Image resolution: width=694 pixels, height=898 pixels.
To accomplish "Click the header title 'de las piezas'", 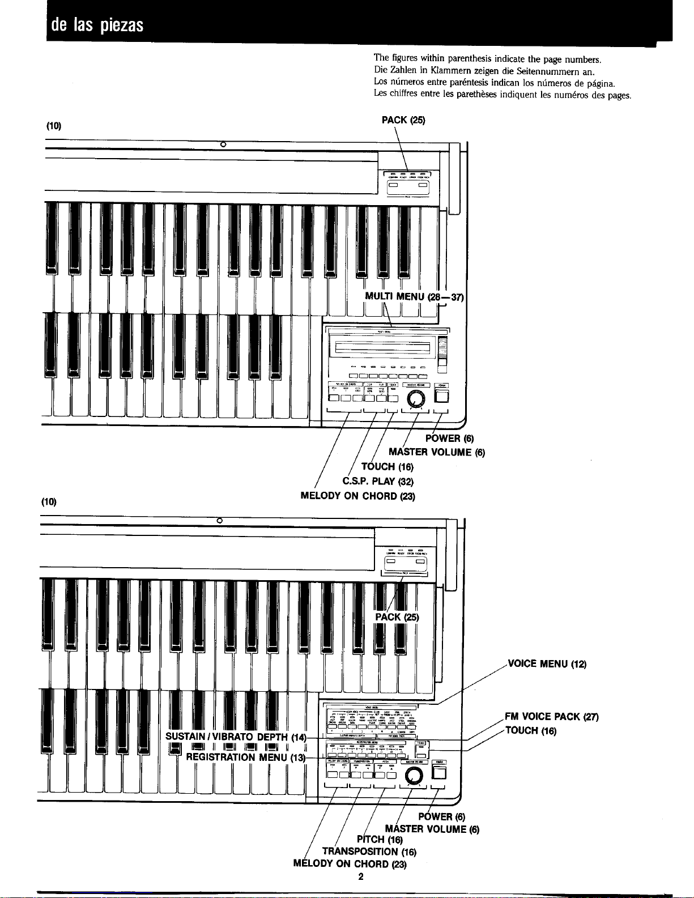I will pyautogui.click(x=97, y=25).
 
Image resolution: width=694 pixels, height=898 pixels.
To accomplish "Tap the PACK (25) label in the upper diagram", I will pyautogui.click(x=403, y=120).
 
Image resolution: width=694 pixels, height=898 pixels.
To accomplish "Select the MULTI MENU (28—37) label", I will pyautogui.click(x=414, y=296).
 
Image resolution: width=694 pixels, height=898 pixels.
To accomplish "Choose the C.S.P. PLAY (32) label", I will pyautogui.click(x=378, y=482).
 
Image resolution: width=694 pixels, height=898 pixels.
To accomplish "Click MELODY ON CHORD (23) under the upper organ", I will pyautogui.click(x=357, y=496).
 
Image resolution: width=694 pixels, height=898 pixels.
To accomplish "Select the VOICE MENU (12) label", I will pyautogui.click(x=547, y=664).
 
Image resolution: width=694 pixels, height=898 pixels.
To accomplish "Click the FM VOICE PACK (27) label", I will pyautogui.click(x=551, y=717).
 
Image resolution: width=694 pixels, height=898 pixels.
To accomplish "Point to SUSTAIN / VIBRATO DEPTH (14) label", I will pyautogui.click(x=236, y=737).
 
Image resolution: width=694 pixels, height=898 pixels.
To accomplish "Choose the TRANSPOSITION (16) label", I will pyautogui.click(x=369, y=852).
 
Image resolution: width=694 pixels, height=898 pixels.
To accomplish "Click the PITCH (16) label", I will pyautogui.click(x=380, y=839).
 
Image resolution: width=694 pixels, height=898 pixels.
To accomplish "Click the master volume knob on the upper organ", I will pyautogui.click(x=418, y=399).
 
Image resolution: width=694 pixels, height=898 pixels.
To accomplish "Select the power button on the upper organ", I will pyautogui.click(x=442, y=397).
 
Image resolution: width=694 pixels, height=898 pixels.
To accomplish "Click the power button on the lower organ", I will pyautogui.click(x=439, y=773).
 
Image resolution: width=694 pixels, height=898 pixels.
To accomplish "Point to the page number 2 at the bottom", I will pyautogui.click(x=360, y=876).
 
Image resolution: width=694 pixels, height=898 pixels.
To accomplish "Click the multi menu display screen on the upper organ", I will pyautogui.click(x=382, y=347).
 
